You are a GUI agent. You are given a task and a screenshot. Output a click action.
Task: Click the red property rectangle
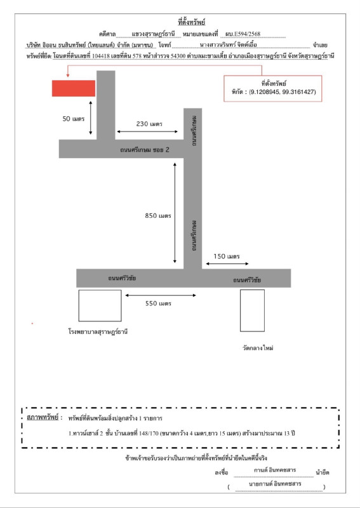74,88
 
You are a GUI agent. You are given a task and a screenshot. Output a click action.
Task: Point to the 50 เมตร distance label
74,119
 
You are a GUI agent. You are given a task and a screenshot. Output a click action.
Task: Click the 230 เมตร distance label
149,124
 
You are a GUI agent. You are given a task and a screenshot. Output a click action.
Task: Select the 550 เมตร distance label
159,304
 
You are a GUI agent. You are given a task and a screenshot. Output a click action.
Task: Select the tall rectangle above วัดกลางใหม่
252,310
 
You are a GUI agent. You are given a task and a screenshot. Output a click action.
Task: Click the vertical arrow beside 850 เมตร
175,212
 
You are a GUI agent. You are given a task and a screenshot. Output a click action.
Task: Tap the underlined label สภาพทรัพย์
44,418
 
